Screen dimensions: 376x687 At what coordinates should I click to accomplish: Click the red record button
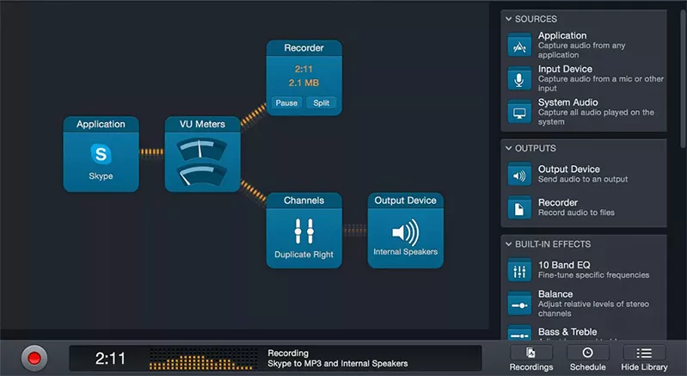34,357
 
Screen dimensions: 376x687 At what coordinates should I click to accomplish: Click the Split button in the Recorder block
321,103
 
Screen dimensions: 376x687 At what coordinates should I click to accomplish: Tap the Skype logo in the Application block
101,154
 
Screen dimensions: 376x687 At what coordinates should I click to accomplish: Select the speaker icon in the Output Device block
405,231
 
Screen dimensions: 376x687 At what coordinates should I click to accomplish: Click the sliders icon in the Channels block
304,231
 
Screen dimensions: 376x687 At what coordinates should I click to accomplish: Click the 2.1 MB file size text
304,83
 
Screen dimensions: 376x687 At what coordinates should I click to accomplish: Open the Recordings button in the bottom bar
531,358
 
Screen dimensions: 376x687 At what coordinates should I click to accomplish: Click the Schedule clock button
587,358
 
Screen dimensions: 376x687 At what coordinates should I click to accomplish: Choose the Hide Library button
644,358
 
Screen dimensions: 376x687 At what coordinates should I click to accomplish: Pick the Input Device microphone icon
519,79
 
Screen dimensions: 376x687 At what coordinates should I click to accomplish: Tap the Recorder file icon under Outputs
519,207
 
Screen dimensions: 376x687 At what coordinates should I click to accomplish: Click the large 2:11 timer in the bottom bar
111,357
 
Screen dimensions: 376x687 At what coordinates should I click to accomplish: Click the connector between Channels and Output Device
354,230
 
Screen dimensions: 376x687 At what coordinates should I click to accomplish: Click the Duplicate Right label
304,256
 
